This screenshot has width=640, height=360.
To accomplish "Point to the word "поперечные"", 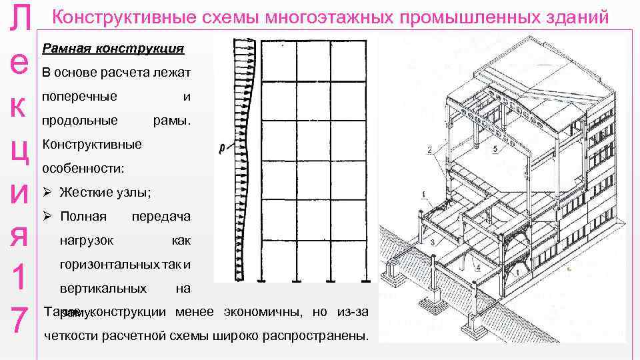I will pyautogui.click(x=79, y=97).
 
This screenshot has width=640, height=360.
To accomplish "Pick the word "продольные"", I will pyautogui.click(x=79, y=121).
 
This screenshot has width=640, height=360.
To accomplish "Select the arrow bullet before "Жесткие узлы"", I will pyautogui.click(x=47, y=193).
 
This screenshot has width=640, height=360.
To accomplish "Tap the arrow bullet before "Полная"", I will pyautogui.click(x=47, y=217).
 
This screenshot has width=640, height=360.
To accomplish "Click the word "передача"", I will pyautogui.click(x=161, y=217).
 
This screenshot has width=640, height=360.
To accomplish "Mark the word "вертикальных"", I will pyautogui.click(x=103, y=289).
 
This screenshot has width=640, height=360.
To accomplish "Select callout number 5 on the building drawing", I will pyautogui.click(x=494, y=149).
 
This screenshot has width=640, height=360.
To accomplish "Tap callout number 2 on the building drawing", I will pyautogui.click(x=429, y=149).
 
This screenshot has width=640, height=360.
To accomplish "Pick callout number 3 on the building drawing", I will pyautogui.click(x=433, y=241).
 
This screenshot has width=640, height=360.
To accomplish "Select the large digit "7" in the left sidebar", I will pyautogui.click(x=20, y=321).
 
